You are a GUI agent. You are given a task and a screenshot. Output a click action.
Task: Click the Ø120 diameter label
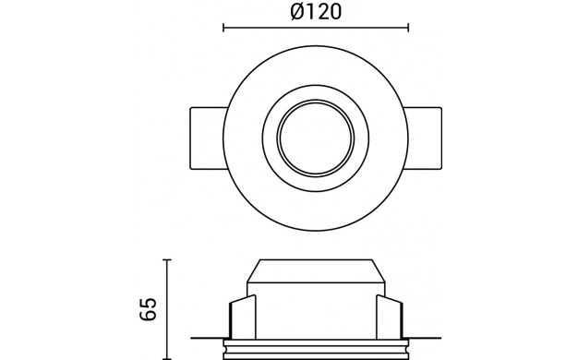(316, 12)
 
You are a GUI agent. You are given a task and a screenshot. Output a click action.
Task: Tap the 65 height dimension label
(149, 309)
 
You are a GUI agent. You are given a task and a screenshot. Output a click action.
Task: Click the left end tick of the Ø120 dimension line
(223, 28)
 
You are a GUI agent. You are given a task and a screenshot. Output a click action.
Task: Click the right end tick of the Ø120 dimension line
(408, 28)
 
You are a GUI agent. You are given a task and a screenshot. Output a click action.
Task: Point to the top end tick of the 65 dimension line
(167, 259)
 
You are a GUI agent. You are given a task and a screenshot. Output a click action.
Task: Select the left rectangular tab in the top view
(207, 138)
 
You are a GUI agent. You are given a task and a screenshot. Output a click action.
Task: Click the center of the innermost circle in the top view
(316, 138)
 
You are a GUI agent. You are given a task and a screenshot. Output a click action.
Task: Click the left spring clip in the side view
(243, 317)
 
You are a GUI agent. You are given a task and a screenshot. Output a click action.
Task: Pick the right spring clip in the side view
(390, 317)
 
